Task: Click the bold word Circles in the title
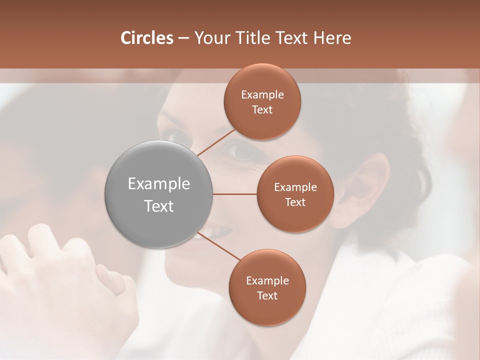[x=147, y=38]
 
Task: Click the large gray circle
[x=159, y=194]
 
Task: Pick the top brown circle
[x=262, y=102]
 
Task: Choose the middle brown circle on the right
[x=295, y=194]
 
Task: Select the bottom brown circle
[x=267, y=287]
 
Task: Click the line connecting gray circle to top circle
[x=216, y=142]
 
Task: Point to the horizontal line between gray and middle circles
[x=234, y=194]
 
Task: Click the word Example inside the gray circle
[x=159, y=184]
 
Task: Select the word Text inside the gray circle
[x=159, y=206]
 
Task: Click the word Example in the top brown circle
[x=262, y=95]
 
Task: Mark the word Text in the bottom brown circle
[x=267, y=295]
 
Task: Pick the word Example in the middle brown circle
[x=295, y=187]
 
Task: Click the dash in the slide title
[x=183, y=38]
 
